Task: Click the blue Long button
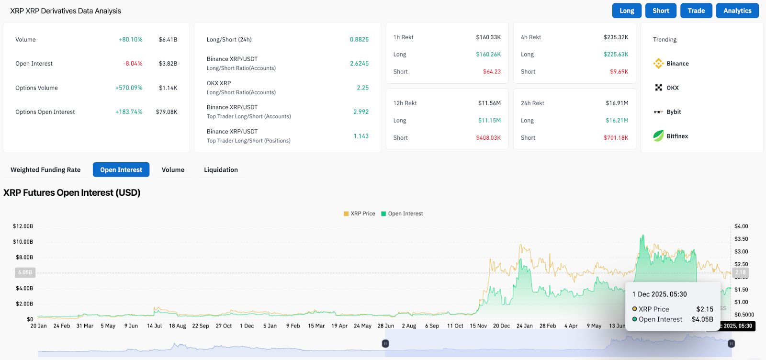[x=627, y=11]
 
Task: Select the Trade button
[x=696, y=11]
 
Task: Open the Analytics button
[x=737, y=11]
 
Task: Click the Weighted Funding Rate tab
[x=45, y=169]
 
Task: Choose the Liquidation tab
[x=221, y=169]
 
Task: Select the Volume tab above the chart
[x=173, y=169]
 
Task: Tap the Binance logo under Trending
[x=659, y=63]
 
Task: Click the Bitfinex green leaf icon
[x=659, y=136]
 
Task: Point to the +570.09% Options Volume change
[x=129, y=88]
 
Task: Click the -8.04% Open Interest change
[x=133, y=63]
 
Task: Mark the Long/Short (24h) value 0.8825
[x=359, y=39]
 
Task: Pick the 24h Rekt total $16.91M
[x=617, y=103]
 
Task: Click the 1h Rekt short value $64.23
[x=492, y=71]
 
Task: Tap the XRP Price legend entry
[x=360, y=214]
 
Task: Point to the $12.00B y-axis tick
[x=23, y=226]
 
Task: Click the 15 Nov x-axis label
[x=478, y=326]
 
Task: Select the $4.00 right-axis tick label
[x=741, y=226]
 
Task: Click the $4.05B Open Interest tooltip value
[x=702, y=319]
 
